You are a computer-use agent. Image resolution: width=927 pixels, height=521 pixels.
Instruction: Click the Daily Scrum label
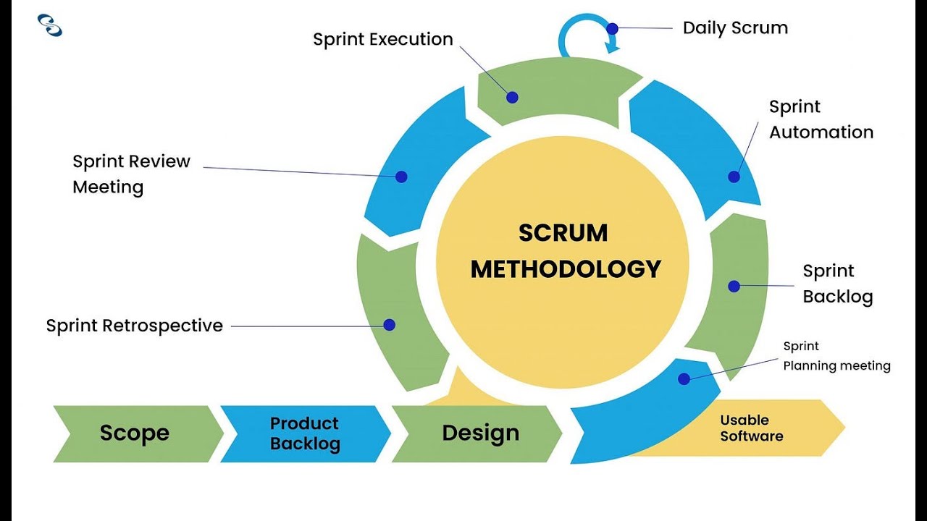tap(735, 28)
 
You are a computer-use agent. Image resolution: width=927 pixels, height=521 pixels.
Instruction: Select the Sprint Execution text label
tap(382, 39)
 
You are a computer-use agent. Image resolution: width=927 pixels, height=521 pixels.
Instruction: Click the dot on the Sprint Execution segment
tap(512, 97)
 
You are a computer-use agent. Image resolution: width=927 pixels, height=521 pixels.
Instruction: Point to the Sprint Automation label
tap(821, 119)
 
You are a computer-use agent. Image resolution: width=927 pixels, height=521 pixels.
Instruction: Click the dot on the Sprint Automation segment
tap(734, 177)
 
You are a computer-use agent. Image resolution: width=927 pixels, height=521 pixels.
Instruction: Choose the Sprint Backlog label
tap(837, 284)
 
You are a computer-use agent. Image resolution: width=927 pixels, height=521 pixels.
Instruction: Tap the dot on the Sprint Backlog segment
tap(734, 287)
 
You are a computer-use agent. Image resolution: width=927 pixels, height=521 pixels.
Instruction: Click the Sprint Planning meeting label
tap(836, 356)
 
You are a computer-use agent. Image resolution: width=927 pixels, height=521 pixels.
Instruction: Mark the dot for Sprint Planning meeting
tap(684, 378)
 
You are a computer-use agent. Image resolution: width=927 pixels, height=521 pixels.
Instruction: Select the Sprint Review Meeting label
tap(131, 174)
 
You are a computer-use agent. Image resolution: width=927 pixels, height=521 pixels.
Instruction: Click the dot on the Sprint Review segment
tap(401, 177)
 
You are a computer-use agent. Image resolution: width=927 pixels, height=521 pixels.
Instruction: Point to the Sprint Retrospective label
tap(134, 326)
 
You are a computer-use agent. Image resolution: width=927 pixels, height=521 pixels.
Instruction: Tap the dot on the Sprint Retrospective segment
tap(389, 325)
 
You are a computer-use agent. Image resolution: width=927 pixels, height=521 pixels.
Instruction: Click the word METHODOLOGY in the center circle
tap(566, 269)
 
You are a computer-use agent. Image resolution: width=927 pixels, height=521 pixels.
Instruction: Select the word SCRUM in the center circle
tap(563, 233)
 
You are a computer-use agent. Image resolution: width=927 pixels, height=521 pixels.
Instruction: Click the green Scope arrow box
tap(135, 433)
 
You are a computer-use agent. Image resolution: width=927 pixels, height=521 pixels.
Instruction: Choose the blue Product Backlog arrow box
tap(304, 433)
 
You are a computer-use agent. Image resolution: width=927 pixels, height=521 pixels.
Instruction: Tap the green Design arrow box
tap(480, 433)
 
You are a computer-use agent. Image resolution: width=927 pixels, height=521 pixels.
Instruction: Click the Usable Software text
tap(751, 428)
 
